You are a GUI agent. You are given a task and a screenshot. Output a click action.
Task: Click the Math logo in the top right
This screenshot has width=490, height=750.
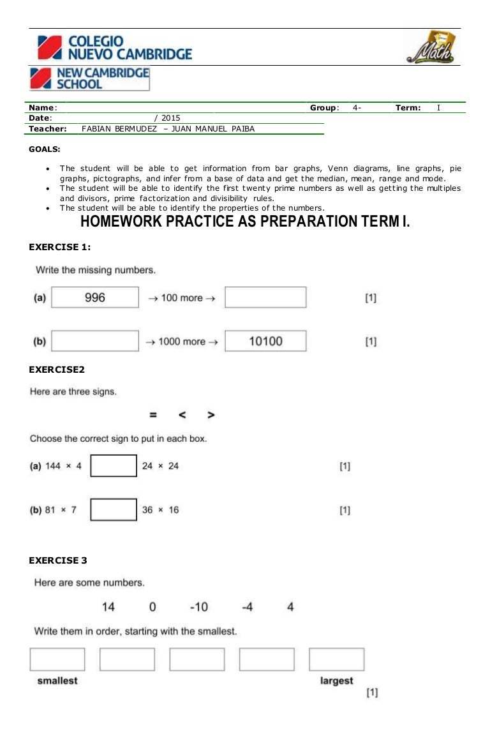tap(431, 47)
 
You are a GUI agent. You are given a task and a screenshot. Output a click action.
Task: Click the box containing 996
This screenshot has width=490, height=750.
tap(95, 297)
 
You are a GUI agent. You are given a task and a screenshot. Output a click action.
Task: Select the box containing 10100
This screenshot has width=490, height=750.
tap(265, 341)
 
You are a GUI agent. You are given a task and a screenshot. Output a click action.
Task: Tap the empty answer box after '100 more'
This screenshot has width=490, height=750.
tap(265, 297)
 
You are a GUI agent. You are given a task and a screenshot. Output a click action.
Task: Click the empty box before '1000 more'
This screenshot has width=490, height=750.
tap(95, 341)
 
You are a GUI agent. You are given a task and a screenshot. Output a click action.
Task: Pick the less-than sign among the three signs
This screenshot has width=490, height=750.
tap(182, 415)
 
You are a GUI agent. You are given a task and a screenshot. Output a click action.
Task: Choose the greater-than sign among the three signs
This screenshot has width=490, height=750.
tap(211, 415)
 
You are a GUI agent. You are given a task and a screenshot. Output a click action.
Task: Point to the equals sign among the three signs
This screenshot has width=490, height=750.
tap(153, 415)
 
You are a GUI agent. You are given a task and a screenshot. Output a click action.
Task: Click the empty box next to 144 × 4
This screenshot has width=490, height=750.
tap(114, 466)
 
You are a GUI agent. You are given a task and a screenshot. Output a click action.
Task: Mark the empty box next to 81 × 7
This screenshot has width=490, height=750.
tap(114, 509)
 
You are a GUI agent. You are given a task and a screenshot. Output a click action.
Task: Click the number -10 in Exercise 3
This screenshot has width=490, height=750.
tap(198, 607)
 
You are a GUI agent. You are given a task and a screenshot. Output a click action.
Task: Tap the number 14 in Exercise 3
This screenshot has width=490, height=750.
tap(108, 607)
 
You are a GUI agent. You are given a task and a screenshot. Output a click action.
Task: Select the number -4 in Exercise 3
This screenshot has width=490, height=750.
tap(248, 607)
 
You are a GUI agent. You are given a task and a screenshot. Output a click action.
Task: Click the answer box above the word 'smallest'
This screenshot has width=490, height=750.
tap(57, 659)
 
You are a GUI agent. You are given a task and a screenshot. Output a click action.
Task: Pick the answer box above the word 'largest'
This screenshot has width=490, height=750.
tap(337, 659)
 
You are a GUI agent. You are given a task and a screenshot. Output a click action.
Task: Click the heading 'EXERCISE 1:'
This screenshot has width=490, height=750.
tap(60, 247)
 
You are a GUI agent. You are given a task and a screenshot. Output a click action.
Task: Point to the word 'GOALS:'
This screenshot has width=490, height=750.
tap(45, 149)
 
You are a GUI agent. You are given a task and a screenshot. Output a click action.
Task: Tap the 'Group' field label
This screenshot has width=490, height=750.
tap(324, 108)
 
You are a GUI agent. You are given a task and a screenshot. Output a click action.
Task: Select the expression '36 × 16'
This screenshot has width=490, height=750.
tap(160, 510)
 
